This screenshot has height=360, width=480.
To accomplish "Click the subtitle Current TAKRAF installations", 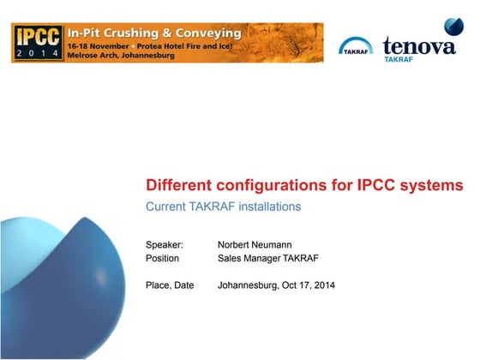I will click(x=223, y=207).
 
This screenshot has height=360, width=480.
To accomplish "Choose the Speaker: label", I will click(x=165, y=244).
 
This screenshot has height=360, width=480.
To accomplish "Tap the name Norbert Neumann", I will click(x=255, y=244).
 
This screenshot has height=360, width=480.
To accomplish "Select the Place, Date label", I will click(x=170, y=285).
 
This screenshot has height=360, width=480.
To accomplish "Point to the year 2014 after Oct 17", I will click(x=324, y=285).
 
